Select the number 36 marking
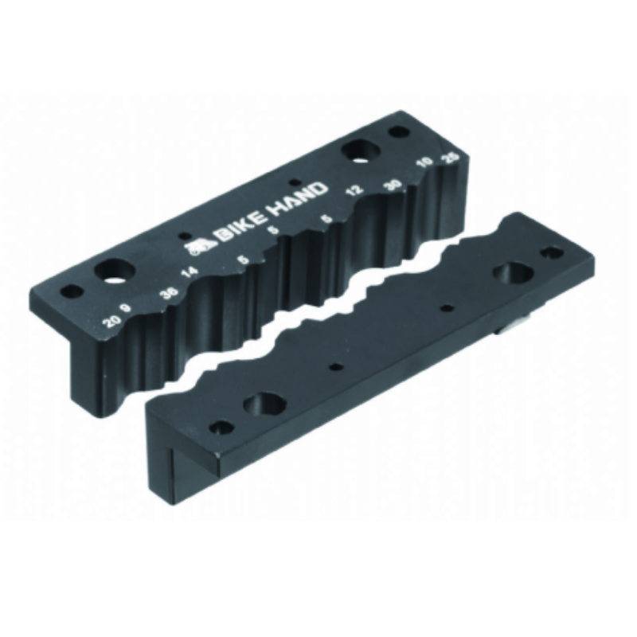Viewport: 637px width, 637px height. pos(168,291)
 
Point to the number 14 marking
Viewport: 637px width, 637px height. pos(190,273)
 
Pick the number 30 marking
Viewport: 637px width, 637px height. pos(391,182)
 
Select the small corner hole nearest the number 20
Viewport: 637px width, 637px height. pos(72,291)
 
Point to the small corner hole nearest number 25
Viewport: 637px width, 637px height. pos(396,131)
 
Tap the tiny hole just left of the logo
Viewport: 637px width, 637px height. pos(186,236)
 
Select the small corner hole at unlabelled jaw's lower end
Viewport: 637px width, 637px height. pos(222,428)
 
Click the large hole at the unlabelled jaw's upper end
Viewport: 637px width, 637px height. pos(510,273)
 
